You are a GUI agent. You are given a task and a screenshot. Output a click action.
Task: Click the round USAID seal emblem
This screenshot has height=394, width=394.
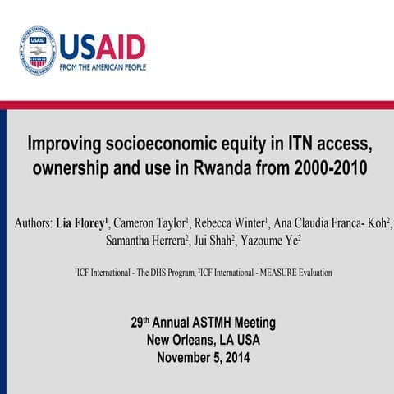coord(37,52)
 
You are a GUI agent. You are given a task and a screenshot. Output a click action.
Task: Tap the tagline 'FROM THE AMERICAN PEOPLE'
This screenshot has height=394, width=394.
coord(102,67)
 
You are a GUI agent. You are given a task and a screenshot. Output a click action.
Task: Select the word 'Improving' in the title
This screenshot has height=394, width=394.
coord(65,146)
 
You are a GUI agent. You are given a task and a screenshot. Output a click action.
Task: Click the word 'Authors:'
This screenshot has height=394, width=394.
coord(32,223)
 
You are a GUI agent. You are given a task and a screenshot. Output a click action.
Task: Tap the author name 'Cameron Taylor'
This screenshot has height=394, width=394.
coord(151,223)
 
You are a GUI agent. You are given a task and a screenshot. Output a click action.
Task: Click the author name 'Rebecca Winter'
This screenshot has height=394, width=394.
coord(232,223)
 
